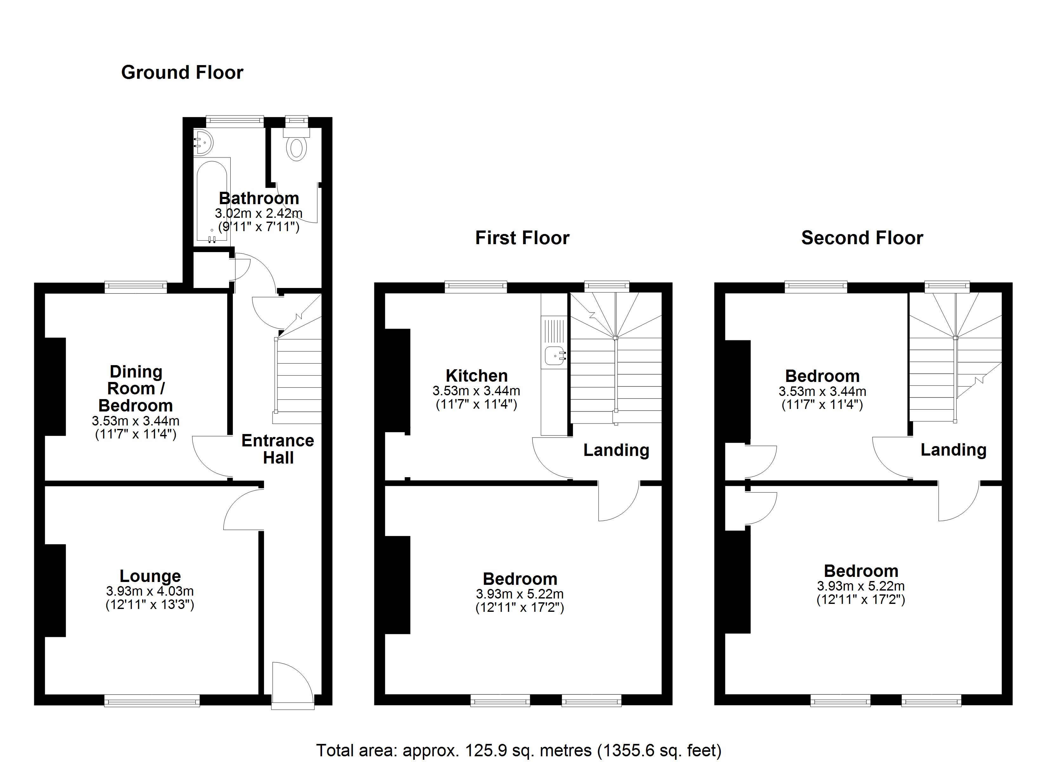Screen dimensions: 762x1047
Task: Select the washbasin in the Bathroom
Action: (204, 141)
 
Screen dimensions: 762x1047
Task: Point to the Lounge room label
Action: (150, 576)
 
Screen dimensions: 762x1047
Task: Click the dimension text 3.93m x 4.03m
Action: (150, 591)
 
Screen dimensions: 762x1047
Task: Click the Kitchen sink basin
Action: (554, 356)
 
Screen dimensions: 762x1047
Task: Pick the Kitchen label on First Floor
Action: (477, 375)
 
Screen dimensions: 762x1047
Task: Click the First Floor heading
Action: (522, 238)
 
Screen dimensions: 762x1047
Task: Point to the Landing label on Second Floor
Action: (953, 450)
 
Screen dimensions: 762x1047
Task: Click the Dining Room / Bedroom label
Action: (136, 388)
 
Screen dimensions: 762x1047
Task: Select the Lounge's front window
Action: (152, 701)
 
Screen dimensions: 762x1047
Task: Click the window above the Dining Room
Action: (136, 287)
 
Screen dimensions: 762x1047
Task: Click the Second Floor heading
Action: (862, 238)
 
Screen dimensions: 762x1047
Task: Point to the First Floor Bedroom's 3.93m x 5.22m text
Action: (520, 594)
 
